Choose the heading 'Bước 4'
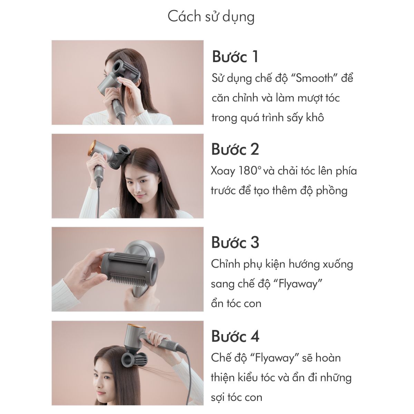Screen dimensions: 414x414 click(235, 336)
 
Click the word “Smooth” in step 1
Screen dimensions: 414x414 click(314, 78)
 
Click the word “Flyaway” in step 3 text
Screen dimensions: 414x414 click(298, 284)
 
